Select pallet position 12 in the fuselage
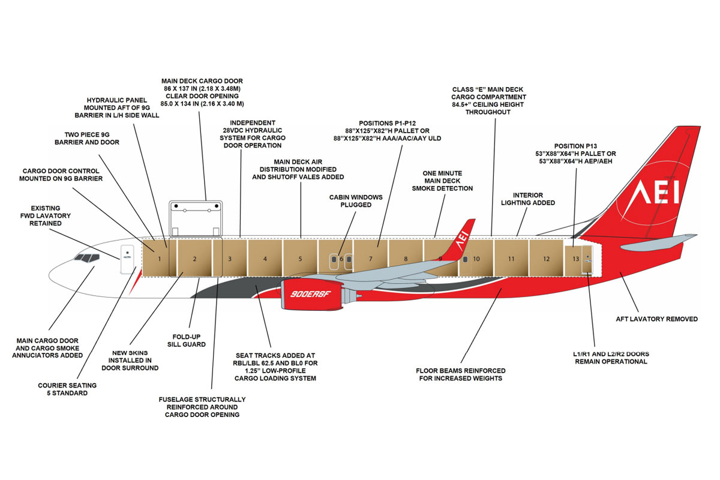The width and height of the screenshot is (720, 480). coord(547,259)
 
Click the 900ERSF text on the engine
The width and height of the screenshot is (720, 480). coord(307,295)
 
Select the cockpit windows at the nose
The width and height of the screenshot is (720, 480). coord(86,258)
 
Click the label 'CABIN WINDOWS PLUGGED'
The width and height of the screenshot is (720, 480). coord(350,200)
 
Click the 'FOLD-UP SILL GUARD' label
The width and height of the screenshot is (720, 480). coord(190,340)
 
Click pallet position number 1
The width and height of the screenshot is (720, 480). coord(160,259)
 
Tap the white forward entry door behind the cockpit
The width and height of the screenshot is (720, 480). coord(127,259)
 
